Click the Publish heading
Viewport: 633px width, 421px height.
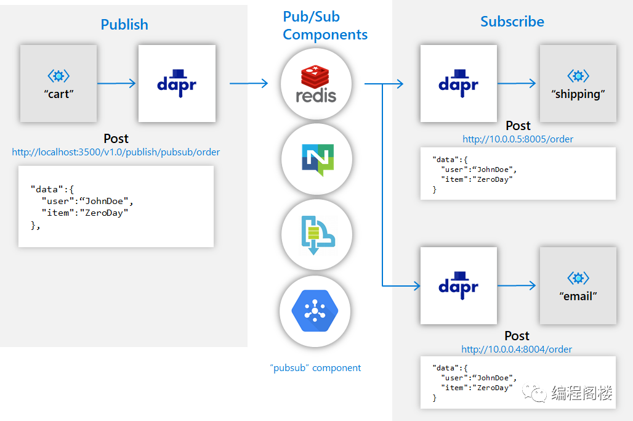point(124,25)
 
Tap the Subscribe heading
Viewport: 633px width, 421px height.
point(512,22)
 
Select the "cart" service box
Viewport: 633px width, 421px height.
point(58,83)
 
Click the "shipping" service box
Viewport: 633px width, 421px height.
point(578,83)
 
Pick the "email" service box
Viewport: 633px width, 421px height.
point(578,285)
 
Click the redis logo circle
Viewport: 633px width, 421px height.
point(316,84)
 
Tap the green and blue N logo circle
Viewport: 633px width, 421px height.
point(317,159)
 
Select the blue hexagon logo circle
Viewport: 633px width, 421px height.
point(315,311)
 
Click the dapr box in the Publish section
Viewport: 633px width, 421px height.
point(177,83)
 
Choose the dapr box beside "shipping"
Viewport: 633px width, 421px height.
point(459,83)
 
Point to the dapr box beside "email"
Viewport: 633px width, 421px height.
point(459,285)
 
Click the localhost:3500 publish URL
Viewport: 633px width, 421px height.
point(116,152)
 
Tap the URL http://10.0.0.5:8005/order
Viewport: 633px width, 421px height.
point(517,139)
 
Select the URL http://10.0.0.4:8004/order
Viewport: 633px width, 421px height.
point(517,349)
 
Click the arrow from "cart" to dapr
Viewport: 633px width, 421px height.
point(116,83)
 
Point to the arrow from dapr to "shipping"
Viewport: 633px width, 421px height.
point(517,83)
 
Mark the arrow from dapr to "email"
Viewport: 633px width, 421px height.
point(517,285)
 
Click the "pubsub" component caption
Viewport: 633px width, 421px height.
point(315,367)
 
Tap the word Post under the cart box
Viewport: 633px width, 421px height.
point(116,139)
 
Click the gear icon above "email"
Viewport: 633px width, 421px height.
point(578,278)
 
